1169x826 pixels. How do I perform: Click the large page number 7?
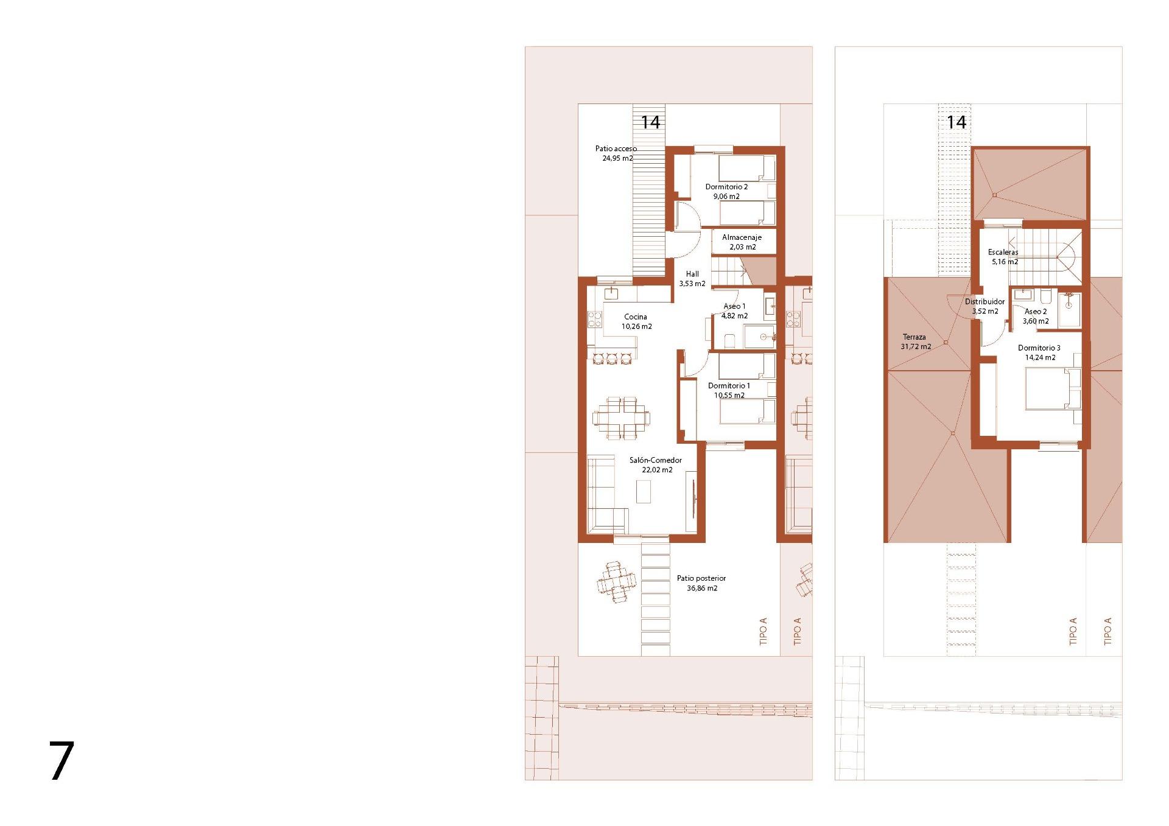[61, 760]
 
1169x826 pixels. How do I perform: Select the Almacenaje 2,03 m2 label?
[742, 242]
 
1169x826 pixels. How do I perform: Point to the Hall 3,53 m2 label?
[692, 279]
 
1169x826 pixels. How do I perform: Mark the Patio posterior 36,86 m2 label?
[701, 583]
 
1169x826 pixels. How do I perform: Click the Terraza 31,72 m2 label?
[916, 341]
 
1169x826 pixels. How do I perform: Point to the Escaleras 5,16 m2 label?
[1003, 257]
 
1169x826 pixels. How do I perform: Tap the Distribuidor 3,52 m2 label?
[985, 306]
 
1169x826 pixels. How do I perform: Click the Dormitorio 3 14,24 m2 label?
[1039, 352]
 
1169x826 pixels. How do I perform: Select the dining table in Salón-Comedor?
[804, 418]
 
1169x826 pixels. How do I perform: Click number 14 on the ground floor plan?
[650, 122]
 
